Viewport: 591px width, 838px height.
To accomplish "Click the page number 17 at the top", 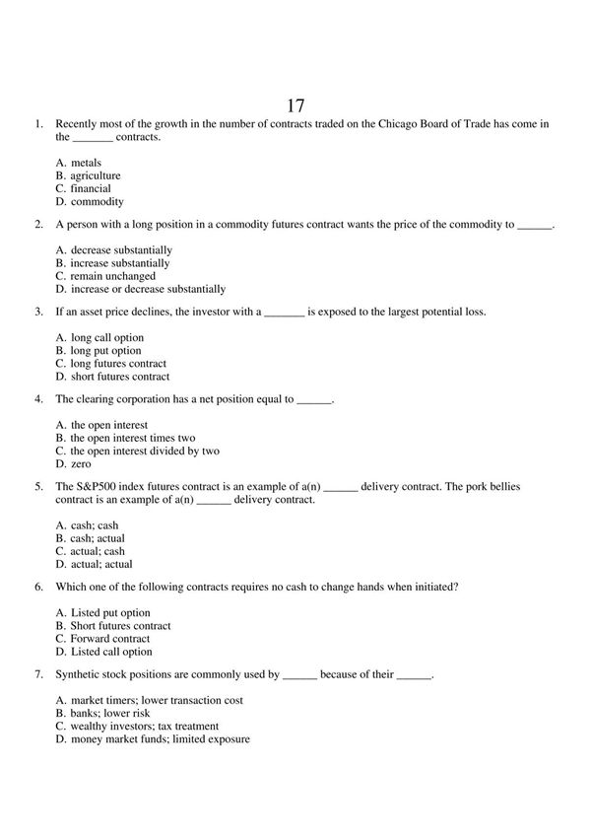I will (295, 105).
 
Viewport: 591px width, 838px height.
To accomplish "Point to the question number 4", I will (37, 400).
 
